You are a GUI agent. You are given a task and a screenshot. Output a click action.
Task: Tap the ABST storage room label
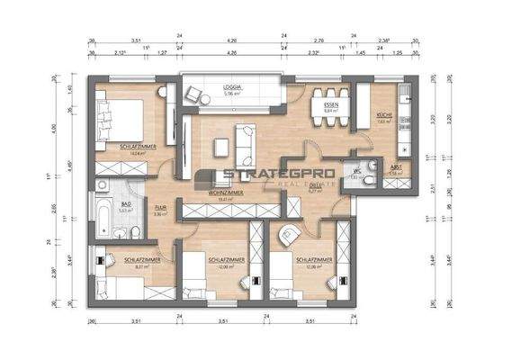tap(394, 167)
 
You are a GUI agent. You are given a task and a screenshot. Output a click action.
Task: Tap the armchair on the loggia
tap(193, 91)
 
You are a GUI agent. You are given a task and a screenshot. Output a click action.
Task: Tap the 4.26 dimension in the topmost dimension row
tap(231, 40)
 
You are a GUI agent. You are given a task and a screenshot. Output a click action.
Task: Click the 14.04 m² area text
tap(137, 153)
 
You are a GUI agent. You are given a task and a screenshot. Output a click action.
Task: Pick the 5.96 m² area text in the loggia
tap(234, 94)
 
